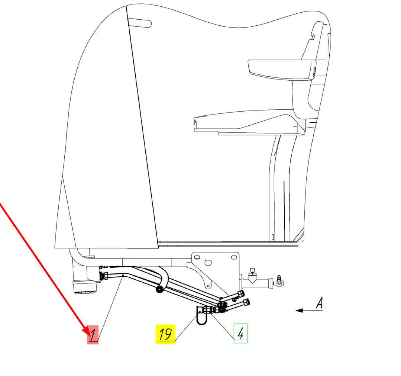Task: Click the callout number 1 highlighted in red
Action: [93, 335]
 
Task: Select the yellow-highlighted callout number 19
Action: [165, 334]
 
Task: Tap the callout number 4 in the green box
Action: [240, 333]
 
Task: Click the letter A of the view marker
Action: [319, 303]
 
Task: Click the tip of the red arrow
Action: [90, 335]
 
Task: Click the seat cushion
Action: [249, 123]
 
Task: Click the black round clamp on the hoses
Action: [159, 289]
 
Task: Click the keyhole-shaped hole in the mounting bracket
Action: [208, 263]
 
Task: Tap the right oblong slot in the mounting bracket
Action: [234, 257]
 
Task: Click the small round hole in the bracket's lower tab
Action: [208, 286]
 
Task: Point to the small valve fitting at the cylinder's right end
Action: [278, 281]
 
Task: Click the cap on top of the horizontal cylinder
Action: [252, 270]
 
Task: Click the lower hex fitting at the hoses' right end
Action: [246, 302]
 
